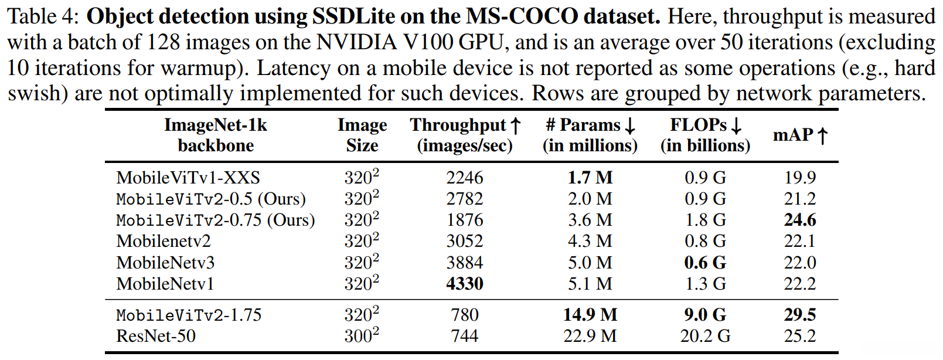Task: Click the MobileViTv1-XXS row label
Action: pos(188,178)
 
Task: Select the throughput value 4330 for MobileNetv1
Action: pos(464,284)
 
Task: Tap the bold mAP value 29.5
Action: pos(800,315)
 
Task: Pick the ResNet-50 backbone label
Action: pos(156,336)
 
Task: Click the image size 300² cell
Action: pos(361,336)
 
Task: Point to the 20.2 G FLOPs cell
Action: pos(705,336)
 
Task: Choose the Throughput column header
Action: pos(465,135)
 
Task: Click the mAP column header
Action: pos(800,135)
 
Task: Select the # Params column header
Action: pos(590,135)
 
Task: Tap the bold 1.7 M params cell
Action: pos(590,178)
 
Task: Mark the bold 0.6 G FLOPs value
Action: pos(705,263)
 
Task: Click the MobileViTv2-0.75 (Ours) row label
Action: pos(215,220)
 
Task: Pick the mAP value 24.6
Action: pos(800,220)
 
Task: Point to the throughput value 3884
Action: pos(464,263)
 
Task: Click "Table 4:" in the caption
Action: pos(42,16)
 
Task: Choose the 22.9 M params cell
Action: pos(590,336)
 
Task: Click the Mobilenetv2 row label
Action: pos(164,242)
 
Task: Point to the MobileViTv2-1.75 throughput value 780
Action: pos(464,315)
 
